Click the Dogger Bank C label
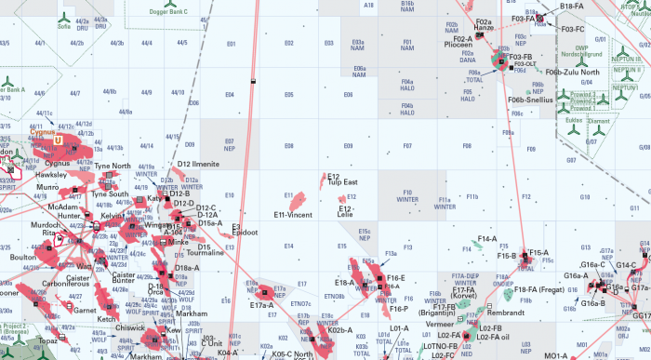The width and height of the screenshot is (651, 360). [168, 11]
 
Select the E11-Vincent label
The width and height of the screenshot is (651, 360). [293, 215]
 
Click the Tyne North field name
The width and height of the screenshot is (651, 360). [113, 166]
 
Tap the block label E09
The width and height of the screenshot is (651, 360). [348, 146]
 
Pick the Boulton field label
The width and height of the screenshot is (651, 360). [22, 258]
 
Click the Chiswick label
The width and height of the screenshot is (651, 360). [130, 327]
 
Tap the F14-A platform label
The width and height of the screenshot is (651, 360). [486, 239]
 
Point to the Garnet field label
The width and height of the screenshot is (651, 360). [86, 311]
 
